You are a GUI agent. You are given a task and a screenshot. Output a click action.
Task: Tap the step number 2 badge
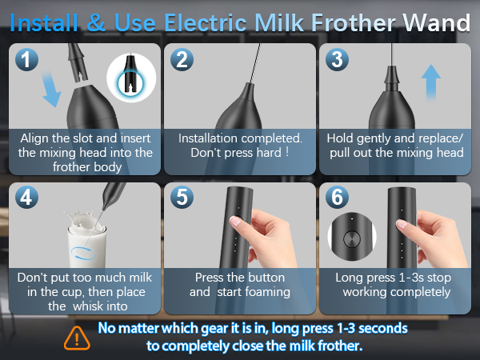coord(182,60)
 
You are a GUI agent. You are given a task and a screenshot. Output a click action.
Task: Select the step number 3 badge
coord(337,60)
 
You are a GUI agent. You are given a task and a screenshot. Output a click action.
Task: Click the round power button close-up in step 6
coord(349,238)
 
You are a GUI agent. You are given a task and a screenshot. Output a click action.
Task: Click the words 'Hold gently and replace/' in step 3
coord(395,138)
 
